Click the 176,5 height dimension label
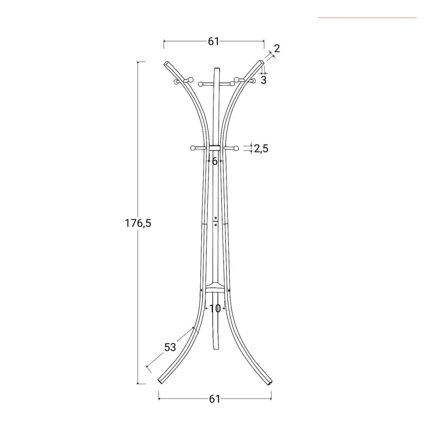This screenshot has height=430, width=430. (138, 223)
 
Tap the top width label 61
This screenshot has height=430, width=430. (214, 42)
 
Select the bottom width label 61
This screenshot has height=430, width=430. (215, 399)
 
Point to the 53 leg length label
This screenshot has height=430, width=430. (170, 347)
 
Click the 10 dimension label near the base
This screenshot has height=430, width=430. (215, 309)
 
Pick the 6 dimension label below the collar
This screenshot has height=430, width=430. (215, 161)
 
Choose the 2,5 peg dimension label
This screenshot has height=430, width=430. (261, 149)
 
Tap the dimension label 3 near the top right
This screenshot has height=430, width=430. (264, 80)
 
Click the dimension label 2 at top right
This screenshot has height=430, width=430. (277, 48)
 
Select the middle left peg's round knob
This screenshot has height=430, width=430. (193, 148)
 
